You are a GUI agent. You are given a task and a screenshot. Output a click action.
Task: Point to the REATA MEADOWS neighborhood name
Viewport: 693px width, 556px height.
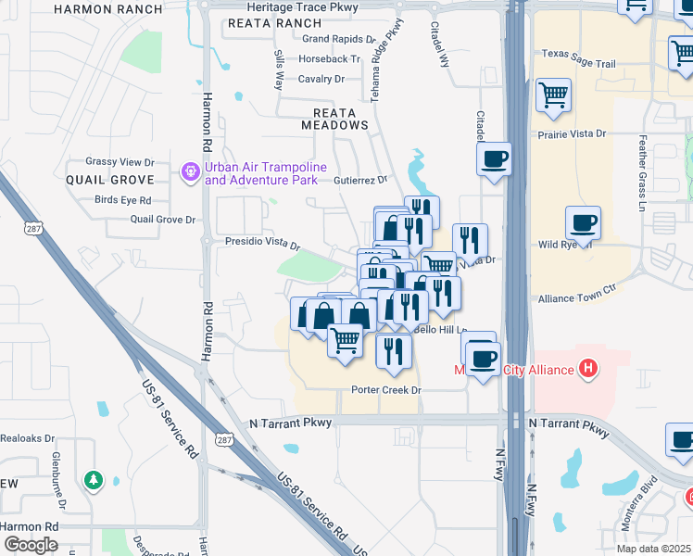pyautogui.click(x=334, y=124)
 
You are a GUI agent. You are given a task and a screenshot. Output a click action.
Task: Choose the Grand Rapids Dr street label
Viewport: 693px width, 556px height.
pyautogui.click(x=338, y=40)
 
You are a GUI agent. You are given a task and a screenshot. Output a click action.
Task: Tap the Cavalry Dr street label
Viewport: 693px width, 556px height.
pyautogui.click(x=321, y=79)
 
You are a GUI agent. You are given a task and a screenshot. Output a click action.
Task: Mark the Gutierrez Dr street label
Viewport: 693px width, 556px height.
pyautogui.click(x=359, y=179)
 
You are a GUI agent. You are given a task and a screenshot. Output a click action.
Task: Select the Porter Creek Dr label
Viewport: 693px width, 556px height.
pyautogui.click(x=386, y=390)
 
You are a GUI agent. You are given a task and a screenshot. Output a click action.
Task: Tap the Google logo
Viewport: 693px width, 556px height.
pyautogui.click(x=31, y=545)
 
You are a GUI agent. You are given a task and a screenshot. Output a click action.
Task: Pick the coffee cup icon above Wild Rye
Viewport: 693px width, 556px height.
pyautogui.click(x=583, y=222)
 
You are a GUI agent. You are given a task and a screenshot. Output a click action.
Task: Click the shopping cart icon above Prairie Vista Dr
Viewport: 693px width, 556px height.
pyautogui.click(x=553, y=94)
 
